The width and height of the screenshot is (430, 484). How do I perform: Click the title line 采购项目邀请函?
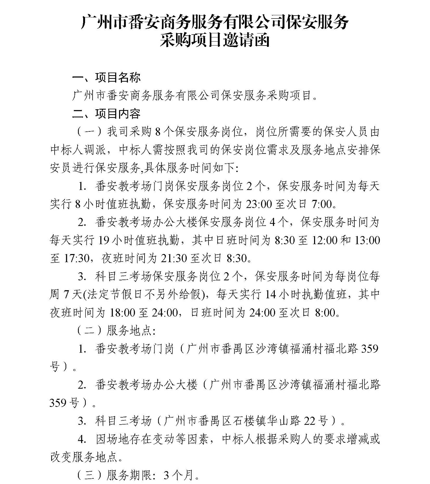click(214, 41)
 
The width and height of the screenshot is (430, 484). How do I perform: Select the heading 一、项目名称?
click(107, 77)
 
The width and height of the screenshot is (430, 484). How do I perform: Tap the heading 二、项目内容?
click(107, 114)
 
